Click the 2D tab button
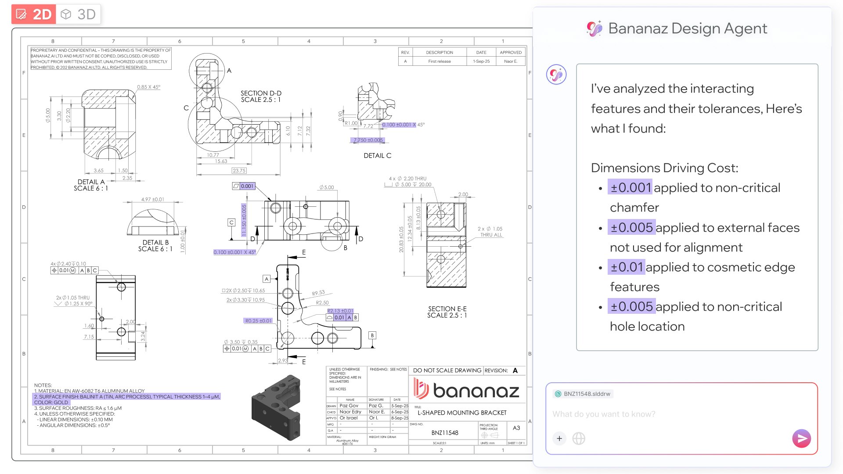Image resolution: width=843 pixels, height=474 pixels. [34, 14]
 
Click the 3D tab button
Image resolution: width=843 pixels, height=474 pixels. [79, 14]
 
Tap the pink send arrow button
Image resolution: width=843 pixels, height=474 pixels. [801, 438]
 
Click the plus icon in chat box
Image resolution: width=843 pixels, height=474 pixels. [559, 438]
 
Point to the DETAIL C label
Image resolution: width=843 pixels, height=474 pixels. [377, 155]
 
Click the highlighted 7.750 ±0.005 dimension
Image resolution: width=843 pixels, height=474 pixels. [368, 140]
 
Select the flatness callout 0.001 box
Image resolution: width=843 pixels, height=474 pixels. [244, 186]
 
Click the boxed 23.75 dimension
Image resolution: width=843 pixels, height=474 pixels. [239, 170]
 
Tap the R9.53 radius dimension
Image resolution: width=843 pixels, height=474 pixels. [318, 293]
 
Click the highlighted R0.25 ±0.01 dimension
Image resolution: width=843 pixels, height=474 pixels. [258, 321]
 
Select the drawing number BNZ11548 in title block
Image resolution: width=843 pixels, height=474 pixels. [444, 433]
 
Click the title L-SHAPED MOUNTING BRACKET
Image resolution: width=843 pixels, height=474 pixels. [462, 413]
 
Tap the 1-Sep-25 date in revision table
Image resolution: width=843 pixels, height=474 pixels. [481, 61]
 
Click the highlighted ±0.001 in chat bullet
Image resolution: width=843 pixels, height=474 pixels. [630, 187]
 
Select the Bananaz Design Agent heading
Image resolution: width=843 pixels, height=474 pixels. [687, 29]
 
